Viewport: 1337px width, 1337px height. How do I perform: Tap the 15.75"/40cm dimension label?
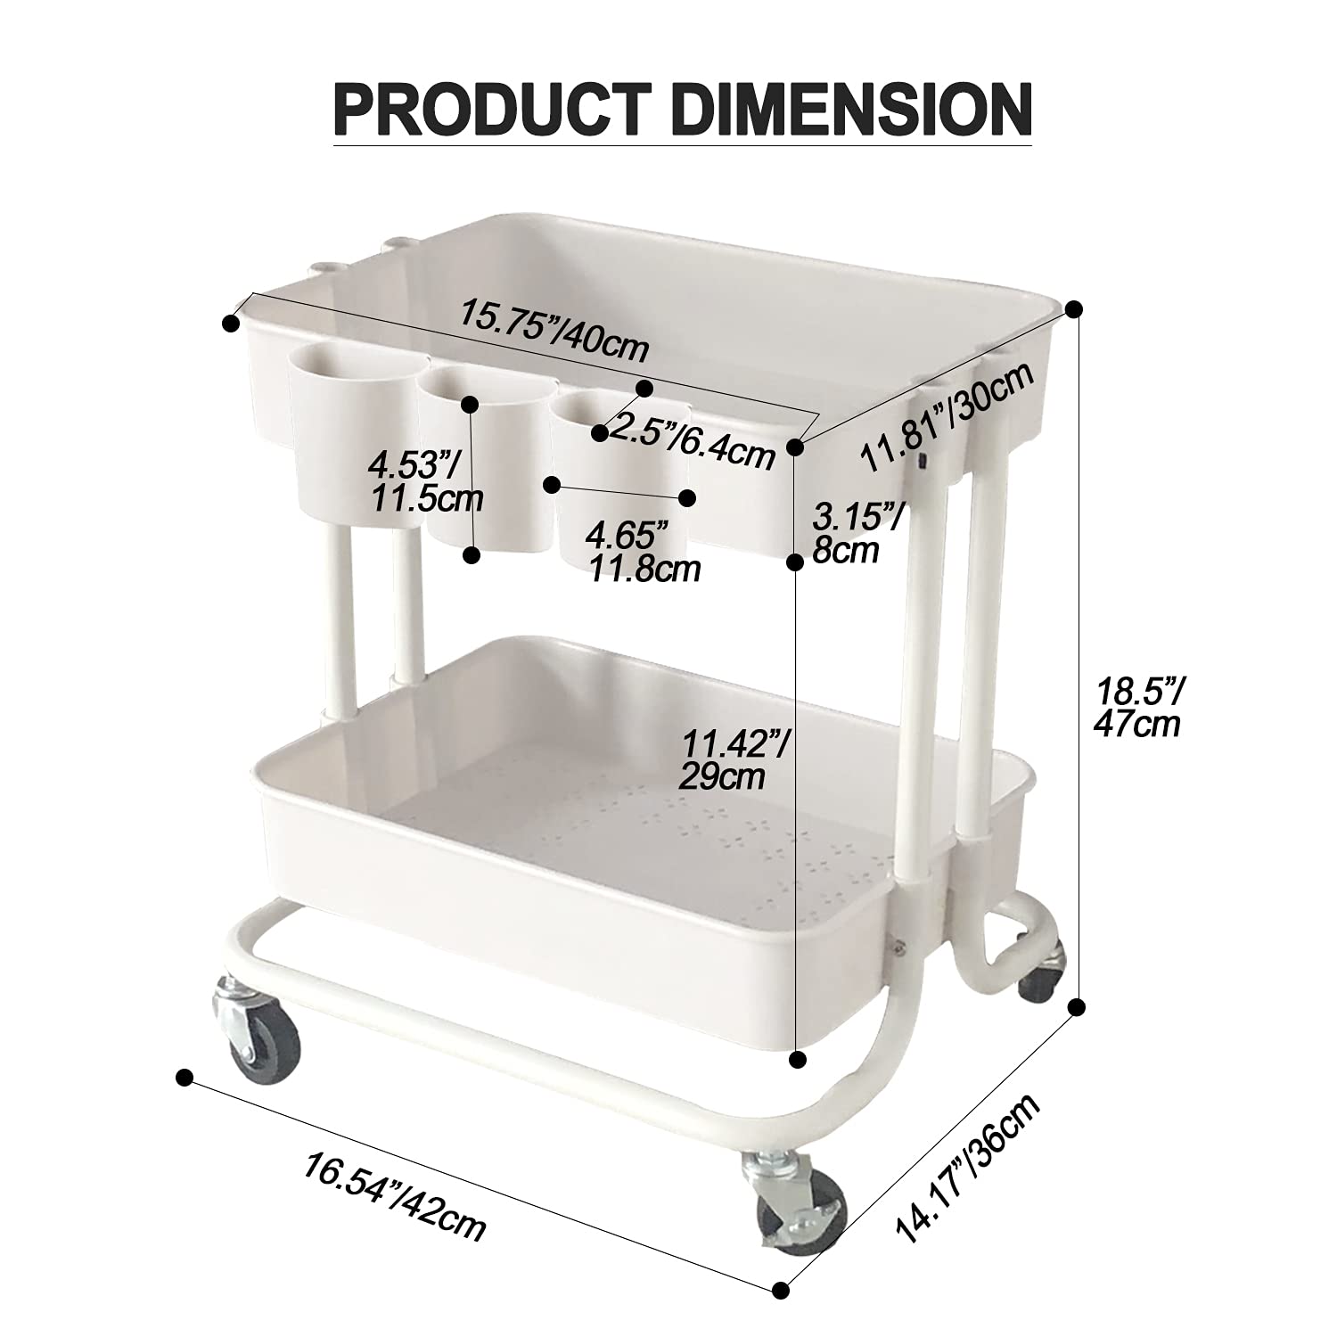pyautogui.click(x=554, y=330)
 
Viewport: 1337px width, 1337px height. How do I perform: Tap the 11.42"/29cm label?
pyautogui.click(x=735, y=759)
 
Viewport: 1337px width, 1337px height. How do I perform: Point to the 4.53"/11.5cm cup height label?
pyautogui.click(x=424, y=482)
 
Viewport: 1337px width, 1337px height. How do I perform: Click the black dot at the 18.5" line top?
pyautogui.click(x=1075, y=308)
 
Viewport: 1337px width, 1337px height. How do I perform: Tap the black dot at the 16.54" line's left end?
pyautogui.click(x=185, y=1077)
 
